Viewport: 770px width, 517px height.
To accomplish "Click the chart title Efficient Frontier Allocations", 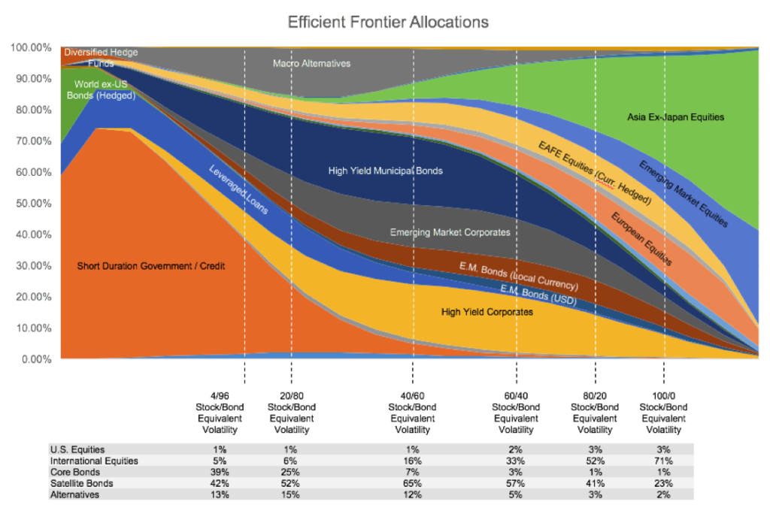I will (388, 22).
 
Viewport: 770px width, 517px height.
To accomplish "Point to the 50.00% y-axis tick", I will (30, 203).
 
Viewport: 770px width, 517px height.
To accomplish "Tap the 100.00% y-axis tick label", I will (31, 47).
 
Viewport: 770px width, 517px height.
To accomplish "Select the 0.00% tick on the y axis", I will (34, 359).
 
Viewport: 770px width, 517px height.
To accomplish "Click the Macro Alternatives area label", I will (311, 64).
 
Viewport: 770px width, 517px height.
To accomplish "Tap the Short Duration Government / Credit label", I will (151, 266).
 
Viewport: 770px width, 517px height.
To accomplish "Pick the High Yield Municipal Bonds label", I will (385, 171).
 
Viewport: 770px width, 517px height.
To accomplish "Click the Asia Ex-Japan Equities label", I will (675, 117).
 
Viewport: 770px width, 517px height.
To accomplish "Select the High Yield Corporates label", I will (487, 312).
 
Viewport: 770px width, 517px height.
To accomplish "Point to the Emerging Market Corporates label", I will (450, 232).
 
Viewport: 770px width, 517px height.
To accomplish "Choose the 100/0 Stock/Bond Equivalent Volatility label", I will (663, 413).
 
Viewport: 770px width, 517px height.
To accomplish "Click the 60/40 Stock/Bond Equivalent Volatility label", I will (515, 413).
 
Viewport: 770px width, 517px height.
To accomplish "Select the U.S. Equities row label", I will (77, 449).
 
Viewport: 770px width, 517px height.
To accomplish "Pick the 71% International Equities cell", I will (663, 461).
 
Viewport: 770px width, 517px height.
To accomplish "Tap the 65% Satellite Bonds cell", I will (412, 483).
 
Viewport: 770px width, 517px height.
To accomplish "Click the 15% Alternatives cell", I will (292, 494).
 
